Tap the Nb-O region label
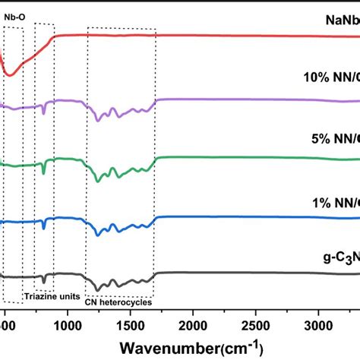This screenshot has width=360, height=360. (14, 14)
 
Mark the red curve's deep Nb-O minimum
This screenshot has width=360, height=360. (10, 75)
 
